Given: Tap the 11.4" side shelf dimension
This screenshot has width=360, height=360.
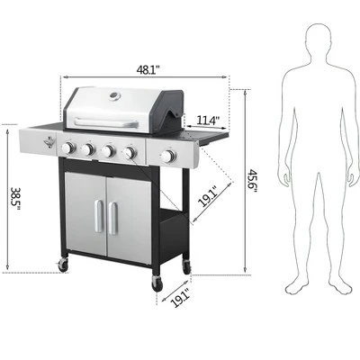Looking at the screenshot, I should pyautogui.click(x=205, y=120).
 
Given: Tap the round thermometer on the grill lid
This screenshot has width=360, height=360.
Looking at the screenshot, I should pyautogui.click(x=114, y=98).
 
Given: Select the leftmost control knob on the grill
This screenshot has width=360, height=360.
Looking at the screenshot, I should pyautogui.click(x=68, y=148).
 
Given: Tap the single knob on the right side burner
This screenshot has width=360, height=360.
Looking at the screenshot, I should pyautogui.click(x=166, y=157).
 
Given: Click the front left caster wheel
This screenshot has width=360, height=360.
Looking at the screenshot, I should pyautogui.click(x=62, y=265).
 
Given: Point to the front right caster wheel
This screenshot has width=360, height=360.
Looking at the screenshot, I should pyautogui.click(x=157, y=284).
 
